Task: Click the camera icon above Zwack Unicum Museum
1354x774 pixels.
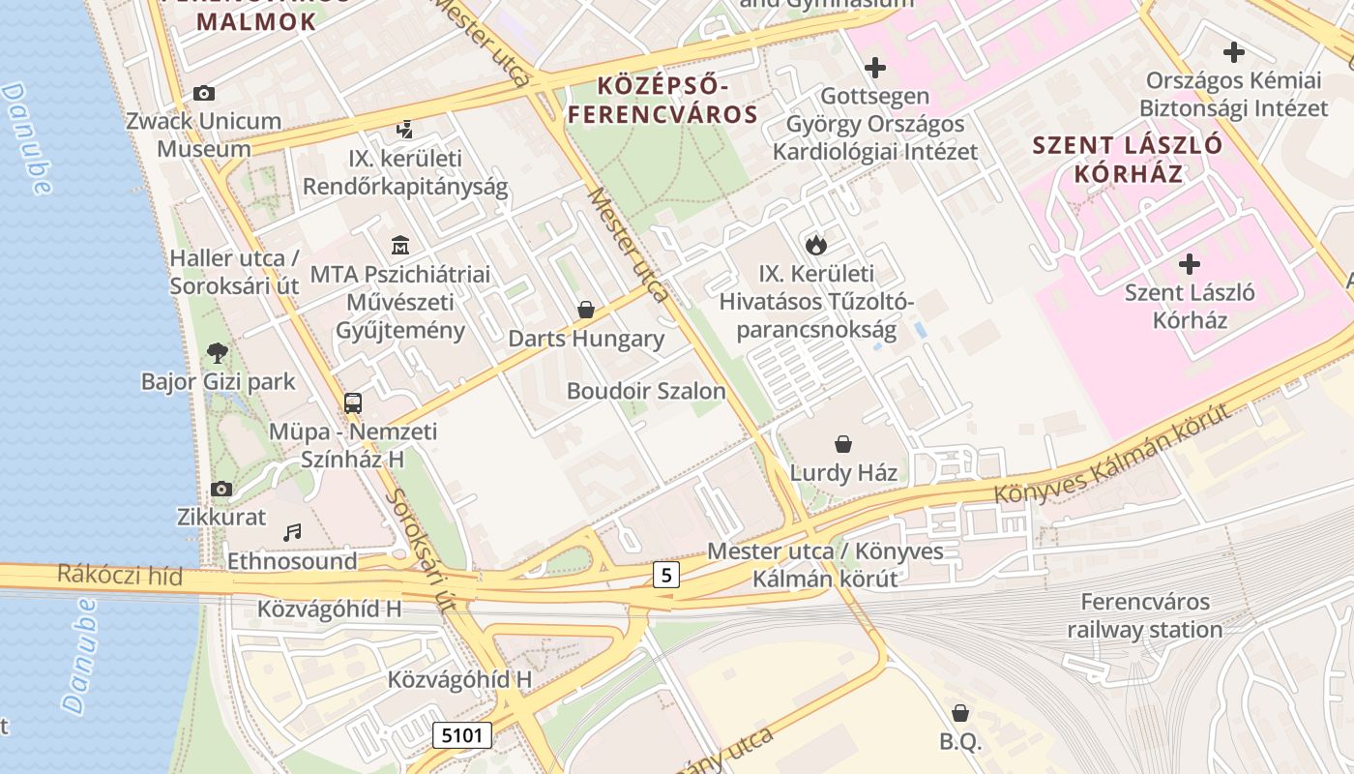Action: [x=203, y=94]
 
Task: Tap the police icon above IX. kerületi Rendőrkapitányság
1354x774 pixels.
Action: [x=405, y=129]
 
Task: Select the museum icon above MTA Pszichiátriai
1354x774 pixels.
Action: [x=399, y=245]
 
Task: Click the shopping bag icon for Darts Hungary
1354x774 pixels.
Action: [x=585, y=310]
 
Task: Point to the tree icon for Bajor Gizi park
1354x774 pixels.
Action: [x=218, y=352]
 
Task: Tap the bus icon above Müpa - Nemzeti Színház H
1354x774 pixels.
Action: [x=353, y=402]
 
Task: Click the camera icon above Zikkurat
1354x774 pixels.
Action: [x=221, y=489]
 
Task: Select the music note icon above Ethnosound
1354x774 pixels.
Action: [x=292, y=532]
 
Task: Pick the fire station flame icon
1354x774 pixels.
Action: [x=816, y=245]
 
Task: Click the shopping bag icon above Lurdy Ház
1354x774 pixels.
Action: [x=843, y=444]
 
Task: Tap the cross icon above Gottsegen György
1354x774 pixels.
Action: [x=875, y=68]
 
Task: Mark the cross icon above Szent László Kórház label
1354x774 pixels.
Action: [x=1190, y=263]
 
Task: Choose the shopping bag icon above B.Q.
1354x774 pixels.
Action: [x=960, y=713]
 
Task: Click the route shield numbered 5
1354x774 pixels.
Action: [x=665, y=576]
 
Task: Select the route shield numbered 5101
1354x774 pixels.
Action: [x=462, y=735]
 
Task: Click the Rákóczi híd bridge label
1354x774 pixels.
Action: [x=119, y=576]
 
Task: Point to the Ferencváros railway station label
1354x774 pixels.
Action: [x=1144, y=616]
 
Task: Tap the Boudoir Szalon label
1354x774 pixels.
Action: [x=645, y=391]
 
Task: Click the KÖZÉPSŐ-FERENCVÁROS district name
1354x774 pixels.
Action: [x=662, y=101]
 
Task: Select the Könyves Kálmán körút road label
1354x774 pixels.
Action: [x=1112, y=455]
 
